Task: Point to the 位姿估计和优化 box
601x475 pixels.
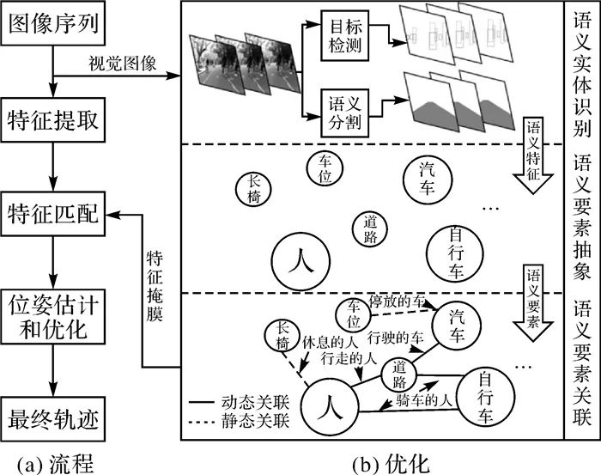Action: [x=54, y=317]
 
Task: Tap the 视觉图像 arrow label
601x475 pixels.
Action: [x=121, y=63]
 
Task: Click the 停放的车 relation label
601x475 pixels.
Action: [x=397, y=302]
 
